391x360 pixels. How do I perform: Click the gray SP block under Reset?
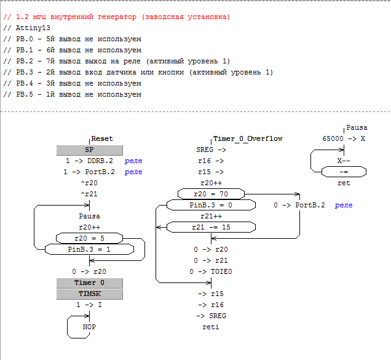[89, 150]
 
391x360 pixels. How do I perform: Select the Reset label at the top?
[102, 139]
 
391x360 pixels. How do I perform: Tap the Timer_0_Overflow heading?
[247, 139]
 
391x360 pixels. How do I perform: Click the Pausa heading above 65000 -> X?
[357, 128]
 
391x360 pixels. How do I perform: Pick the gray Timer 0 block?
[89, 282]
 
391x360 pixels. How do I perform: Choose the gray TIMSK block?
[89, 294]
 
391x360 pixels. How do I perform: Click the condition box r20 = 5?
[89, 238]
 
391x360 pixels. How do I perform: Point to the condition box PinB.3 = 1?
[89, 249]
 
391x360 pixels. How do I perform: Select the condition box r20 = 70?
[211, 194]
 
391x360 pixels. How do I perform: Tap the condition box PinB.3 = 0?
[211, 205]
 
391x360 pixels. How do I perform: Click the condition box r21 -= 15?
[211, 227]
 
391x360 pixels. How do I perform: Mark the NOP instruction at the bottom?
[90, 327]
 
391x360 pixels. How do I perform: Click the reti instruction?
[211, 327]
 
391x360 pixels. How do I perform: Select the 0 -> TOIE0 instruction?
[211, 271]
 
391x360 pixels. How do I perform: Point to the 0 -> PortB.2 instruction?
[299, 205]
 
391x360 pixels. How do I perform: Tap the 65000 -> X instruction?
[344, 139]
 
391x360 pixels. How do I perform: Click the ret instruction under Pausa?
[344, 183]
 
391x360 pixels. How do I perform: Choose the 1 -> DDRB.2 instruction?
[90, 161]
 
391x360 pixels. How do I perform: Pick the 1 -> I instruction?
[90, 305]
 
